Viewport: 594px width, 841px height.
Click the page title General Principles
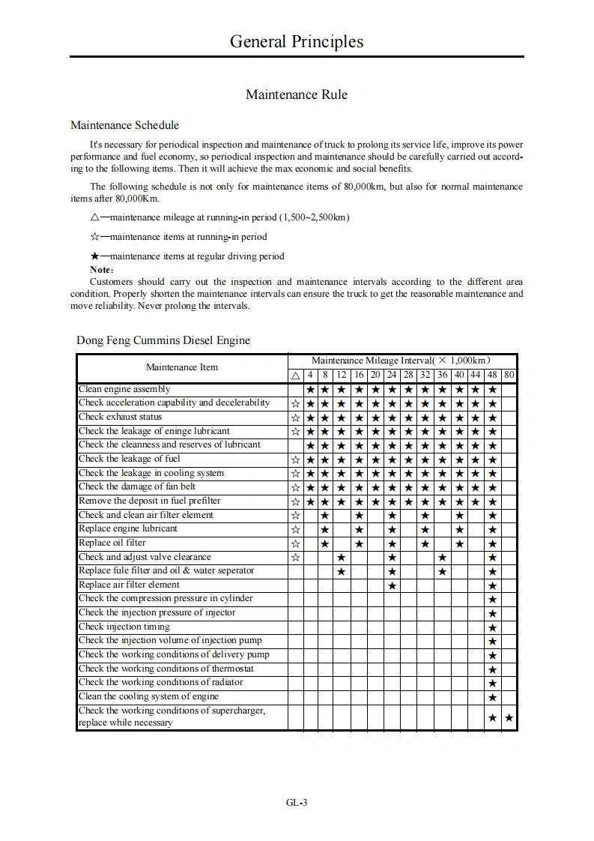click(297, 41)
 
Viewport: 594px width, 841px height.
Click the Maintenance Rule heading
click(297, 95)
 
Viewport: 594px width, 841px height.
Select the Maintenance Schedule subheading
click(124, 125)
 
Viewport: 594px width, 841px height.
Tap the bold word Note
click(101, 269)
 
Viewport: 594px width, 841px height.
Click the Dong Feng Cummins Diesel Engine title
click(163, 340)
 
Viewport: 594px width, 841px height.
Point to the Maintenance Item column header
click(182, 367)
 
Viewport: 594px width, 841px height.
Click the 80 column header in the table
click(509, 375)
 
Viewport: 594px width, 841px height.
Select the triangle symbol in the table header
click(296, 375)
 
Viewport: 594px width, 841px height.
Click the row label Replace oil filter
click(112, 543)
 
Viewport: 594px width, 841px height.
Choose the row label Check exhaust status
click(121, 417)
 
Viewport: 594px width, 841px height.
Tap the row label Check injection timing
click(124, 627)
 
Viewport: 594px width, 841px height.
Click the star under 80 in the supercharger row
click(509, 718)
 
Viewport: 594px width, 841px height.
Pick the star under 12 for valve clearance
click(342, 557)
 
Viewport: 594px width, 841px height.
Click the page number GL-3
click(297, 803)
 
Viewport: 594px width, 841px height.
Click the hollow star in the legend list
click(94, 237)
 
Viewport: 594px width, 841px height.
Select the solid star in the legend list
click(94, 256)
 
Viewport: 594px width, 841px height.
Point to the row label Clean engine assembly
click(124, 389)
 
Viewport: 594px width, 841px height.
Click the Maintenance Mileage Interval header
click(401, 361)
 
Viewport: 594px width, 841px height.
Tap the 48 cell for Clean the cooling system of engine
click(492, 697)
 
